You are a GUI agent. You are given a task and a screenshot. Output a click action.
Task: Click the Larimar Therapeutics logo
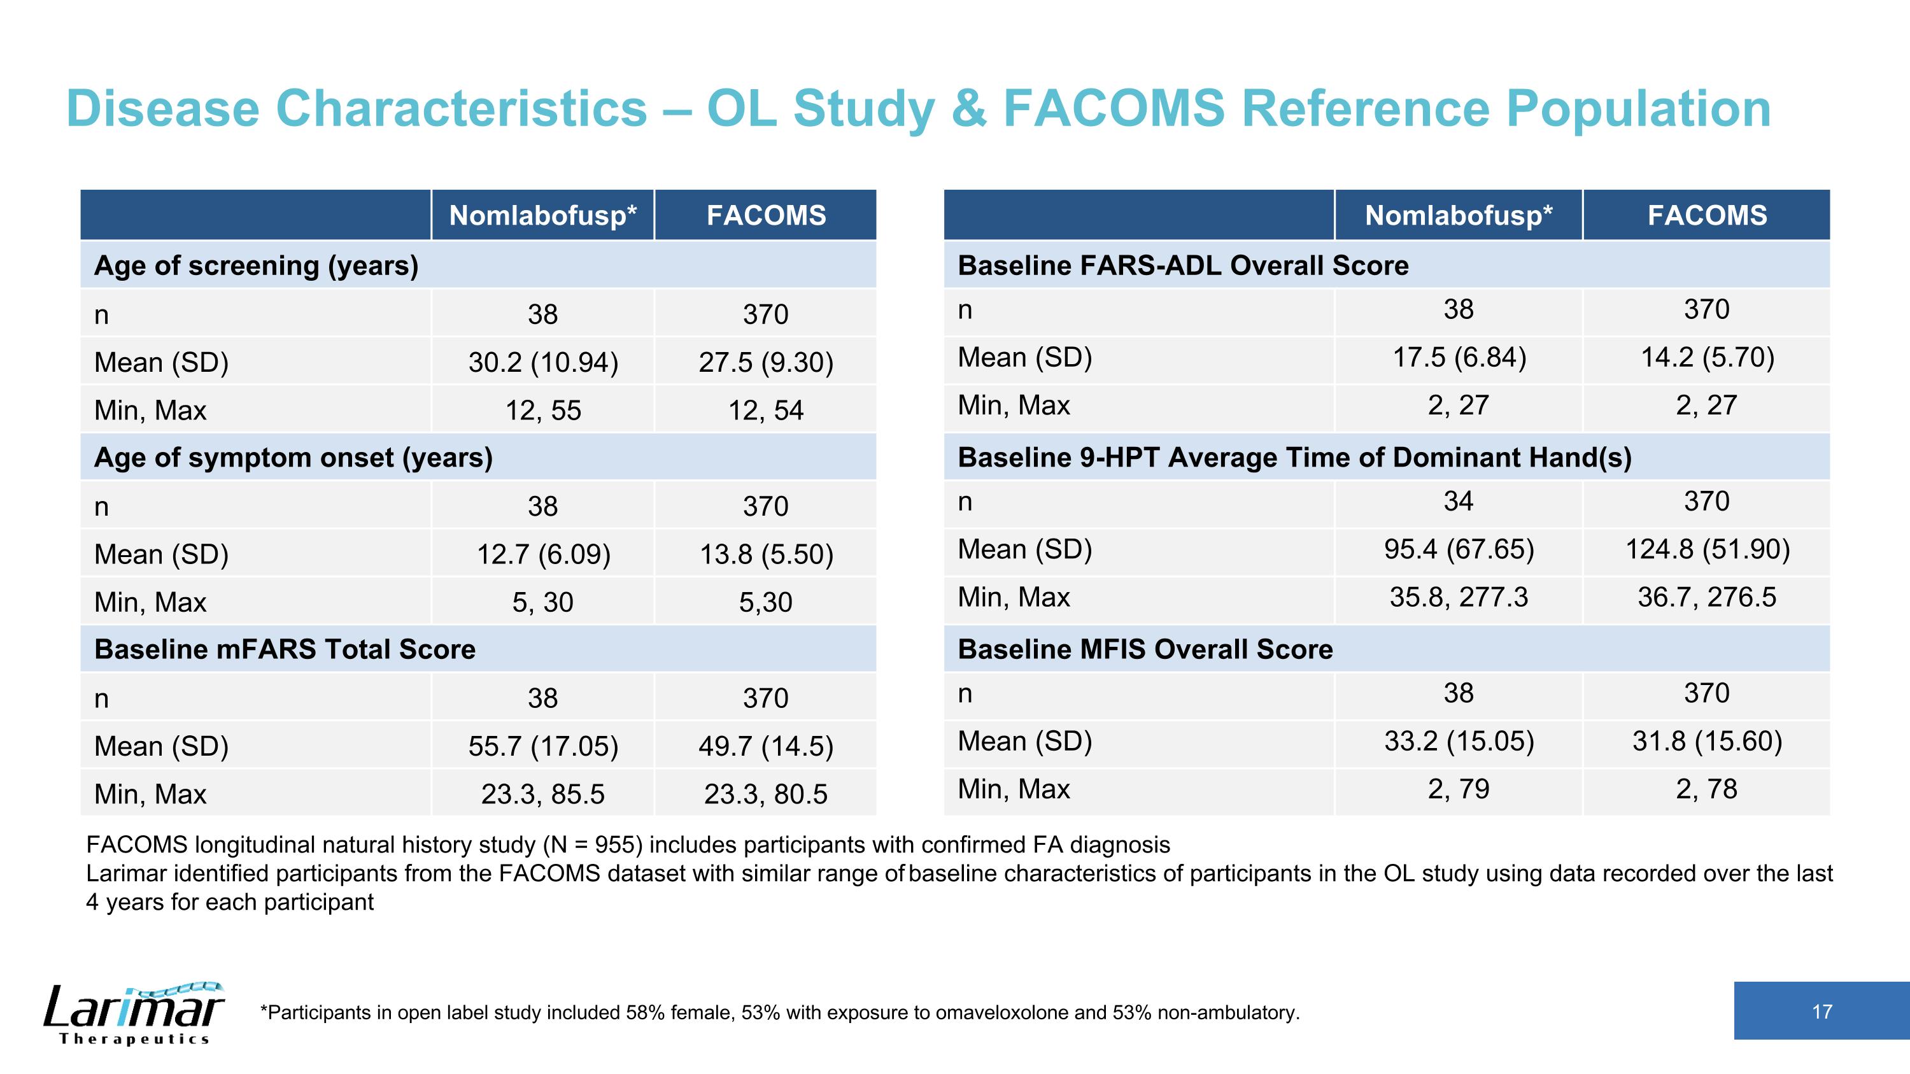(134, 1014)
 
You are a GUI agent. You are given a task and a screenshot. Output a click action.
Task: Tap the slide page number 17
(1822, 1012)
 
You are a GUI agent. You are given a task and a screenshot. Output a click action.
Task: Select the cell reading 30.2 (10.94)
(542, 362)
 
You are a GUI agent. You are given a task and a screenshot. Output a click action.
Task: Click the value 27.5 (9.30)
(766, 362)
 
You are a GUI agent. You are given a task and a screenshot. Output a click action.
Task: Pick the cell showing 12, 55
(542, 410)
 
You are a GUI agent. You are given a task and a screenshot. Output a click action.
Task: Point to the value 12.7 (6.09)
(542, 555)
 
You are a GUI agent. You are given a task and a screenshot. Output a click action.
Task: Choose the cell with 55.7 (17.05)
(542, 745)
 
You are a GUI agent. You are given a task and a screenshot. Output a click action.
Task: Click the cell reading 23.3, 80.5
(766, 794)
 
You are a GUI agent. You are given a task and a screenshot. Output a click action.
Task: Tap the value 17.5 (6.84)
(1459, 357)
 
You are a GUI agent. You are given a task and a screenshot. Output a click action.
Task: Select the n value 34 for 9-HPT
(1459, 501)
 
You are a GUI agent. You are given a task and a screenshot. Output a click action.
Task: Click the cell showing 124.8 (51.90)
(1708, 549)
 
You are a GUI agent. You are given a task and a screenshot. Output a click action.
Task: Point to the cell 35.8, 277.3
(1459, 597)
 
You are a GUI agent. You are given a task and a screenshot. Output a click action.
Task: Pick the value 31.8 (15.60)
(1708, 741)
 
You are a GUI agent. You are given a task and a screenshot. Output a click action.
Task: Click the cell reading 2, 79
(1459, 789)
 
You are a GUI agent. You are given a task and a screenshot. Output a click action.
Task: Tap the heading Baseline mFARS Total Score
(285, 649)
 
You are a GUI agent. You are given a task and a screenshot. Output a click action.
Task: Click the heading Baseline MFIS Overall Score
(1145, 649)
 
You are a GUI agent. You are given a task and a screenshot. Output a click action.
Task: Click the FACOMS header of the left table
(766, 215)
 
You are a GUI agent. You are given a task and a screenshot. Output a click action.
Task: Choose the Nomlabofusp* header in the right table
(1459, 215)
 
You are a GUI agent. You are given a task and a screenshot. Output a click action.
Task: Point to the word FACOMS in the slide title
(1114, 108)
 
